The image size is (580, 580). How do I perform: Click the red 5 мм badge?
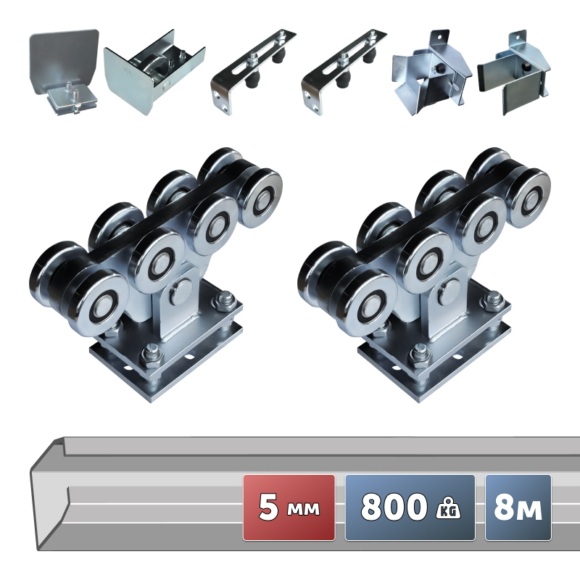289,507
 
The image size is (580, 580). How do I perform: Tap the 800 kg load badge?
410,507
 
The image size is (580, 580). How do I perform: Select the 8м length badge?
518,507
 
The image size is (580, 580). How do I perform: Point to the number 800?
394,507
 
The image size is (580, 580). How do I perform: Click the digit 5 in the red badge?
268,507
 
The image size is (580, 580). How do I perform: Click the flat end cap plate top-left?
64,72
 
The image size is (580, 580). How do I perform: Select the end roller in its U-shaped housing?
154,72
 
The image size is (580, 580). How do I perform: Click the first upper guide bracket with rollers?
252,72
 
